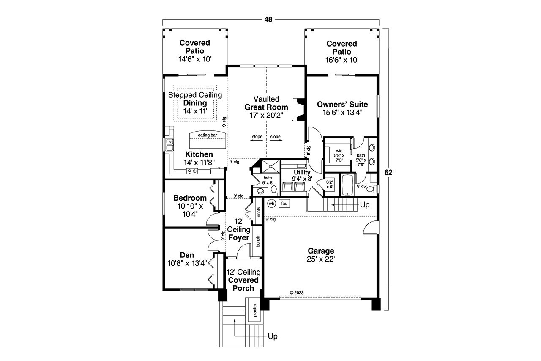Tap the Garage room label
[x=321, y=251]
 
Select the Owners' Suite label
[x=342, y=104]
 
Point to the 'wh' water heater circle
[x=271, y=204]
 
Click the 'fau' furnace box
[x=284, y=204]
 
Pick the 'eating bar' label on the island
[x=207, y=135]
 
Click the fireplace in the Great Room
[x=300, y=110]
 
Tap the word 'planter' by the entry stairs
[x=255, y=310]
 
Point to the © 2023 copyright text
[x=297, y=292]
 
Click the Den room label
[x=187, y=255]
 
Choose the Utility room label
[x=302, y=173]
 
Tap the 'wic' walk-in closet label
[x=339, y=151]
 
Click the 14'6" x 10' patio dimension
[x=194, y=60]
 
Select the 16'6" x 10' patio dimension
[x=342, y=60]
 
